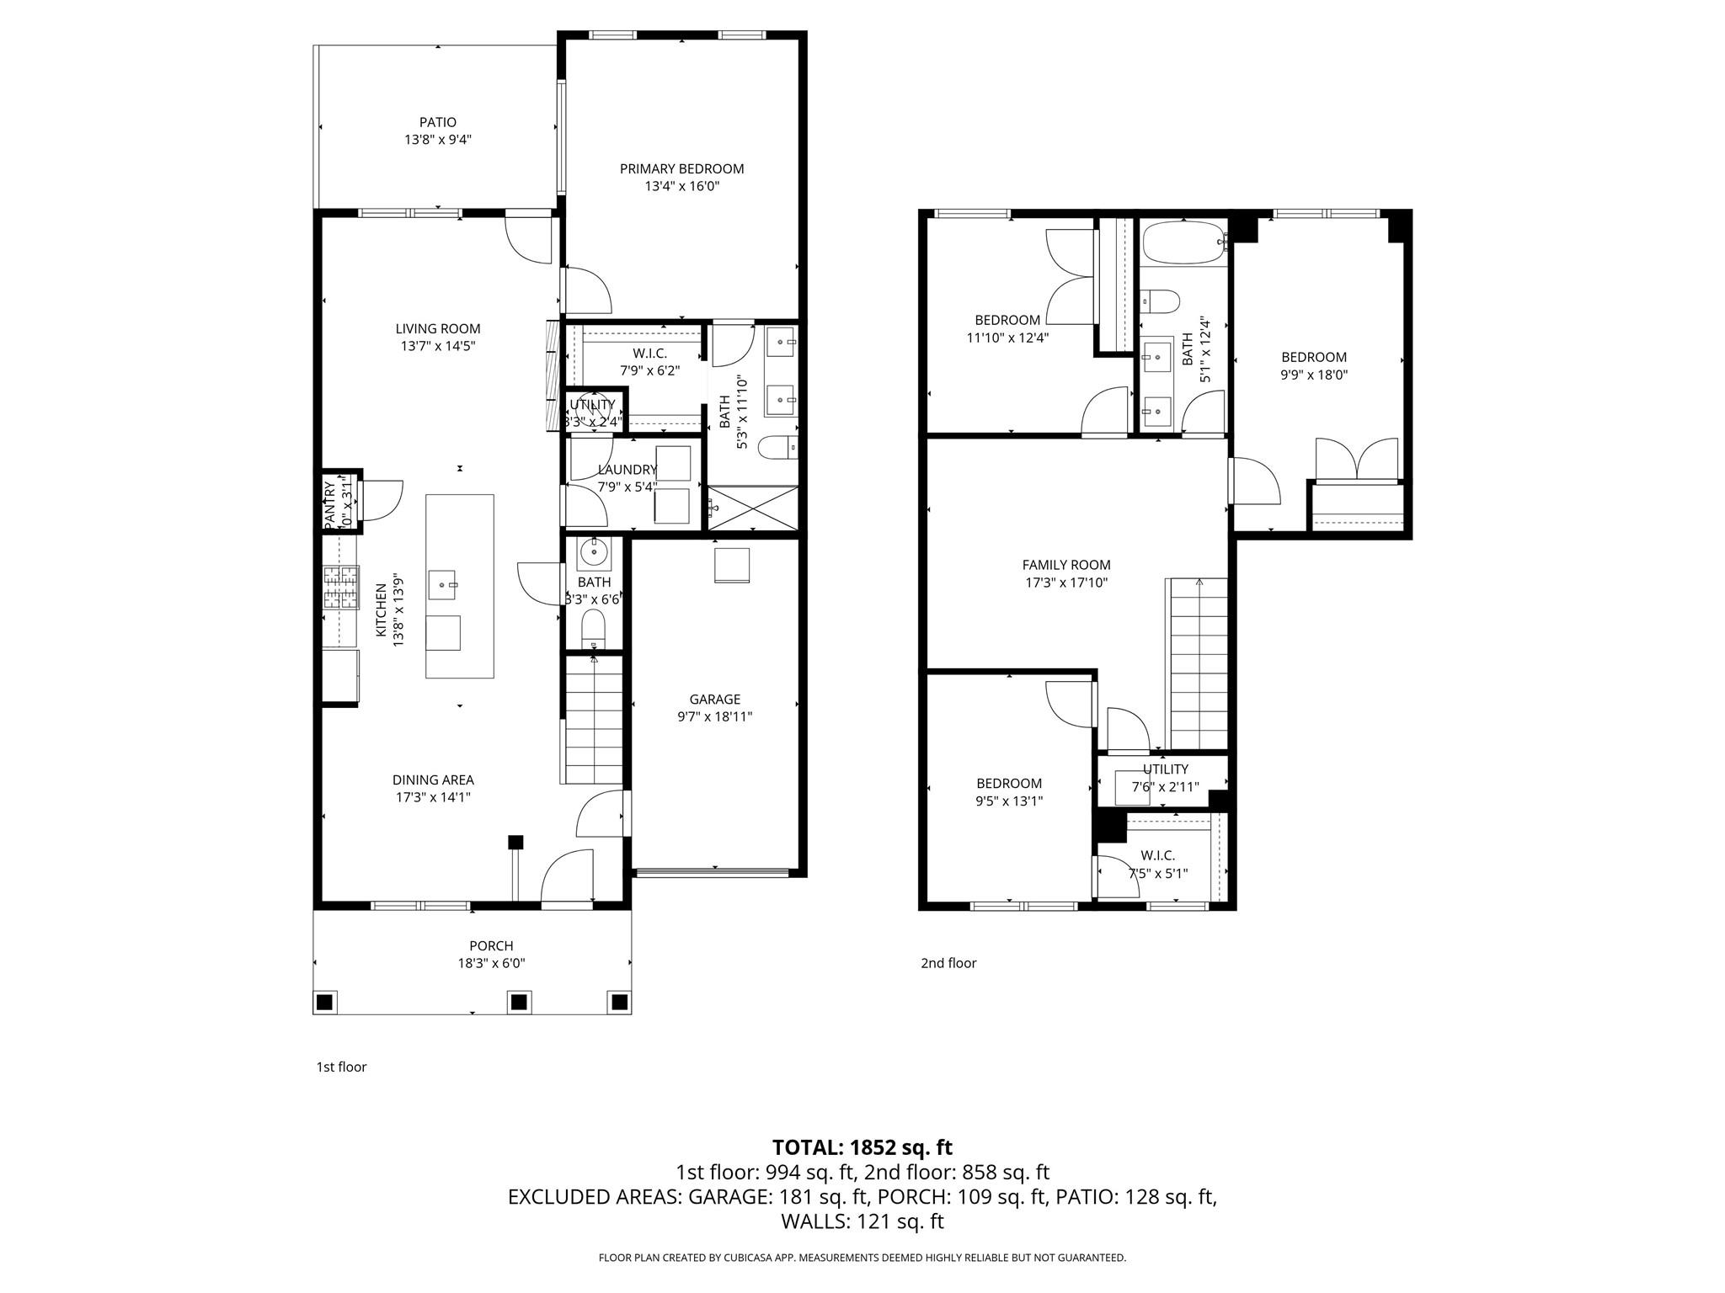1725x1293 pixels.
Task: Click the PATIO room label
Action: [437, 123]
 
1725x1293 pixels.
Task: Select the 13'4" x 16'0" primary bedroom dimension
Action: [681, 186]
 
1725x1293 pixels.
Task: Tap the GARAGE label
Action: [714, 699]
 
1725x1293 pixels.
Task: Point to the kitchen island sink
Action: [443, 582]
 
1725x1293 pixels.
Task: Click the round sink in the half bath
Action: [594, 553]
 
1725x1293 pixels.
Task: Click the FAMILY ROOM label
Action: [1065, 565]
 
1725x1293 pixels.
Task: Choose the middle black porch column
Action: [519, 1002]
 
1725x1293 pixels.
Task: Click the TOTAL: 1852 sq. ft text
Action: [862, 1147]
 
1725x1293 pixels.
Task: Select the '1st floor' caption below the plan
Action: [341, 1067]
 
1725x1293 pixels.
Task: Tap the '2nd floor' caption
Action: [948, 962]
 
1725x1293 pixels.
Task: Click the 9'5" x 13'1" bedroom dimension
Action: [1008, 801]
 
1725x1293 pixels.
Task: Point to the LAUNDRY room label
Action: [627, 470]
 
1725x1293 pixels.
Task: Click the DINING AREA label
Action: [432, 780]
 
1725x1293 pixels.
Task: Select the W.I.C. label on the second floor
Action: [1157, 855]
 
